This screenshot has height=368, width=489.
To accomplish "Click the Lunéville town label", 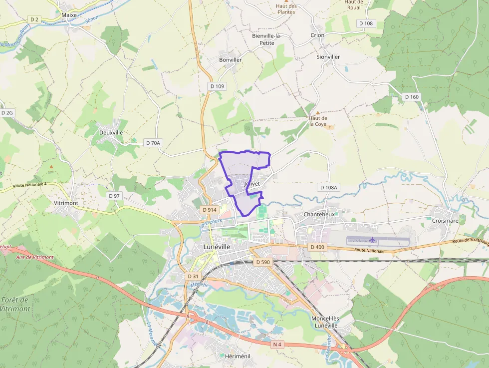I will pyautogui.click(x=217, y=247).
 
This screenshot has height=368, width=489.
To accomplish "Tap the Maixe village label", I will pyautogui.click(x=69, y=15).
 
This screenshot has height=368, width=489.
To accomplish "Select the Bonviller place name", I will pyautogui.click(x=230, y=60).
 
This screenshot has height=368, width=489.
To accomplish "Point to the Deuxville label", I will pyautogui.click(x=111, y=133).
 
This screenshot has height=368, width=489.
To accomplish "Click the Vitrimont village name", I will pyautogui.click(x=66, y=203).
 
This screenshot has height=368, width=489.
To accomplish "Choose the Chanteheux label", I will pyautogui.click(x=319, y=214).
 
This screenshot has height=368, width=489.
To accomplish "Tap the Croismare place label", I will pyautogui.click(x=445, y=220).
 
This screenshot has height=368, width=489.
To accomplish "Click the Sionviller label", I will pyautogui.click(x=328, y=57).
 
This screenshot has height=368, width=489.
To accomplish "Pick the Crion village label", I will pyautogui.click(x=317, y=35).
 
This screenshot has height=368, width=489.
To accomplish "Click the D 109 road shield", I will pyautogui.click(x=217, y=86).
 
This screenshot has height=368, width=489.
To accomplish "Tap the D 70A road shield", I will pyautogui.click(x=153, y=143).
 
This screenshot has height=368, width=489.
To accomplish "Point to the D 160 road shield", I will pyautogui.click(x=412, y=97).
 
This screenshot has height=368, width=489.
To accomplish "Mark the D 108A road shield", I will pyautogui.click(x=328, y=187).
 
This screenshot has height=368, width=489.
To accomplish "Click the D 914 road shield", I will pyautogui.click(x=210, y=210).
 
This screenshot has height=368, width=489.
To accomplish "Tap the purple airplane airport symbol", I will pyautogui.click(x=373, y=240).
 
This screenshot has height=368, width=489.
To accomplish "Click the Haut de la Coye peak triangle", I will pyautogui.click(x=318, y=113).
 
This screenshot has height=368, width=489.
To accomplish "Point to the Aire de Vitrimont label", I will pyautogui.click(x=35, y=257).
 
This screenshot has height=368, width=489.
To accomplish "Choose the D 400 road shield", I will pyautogui.click(x=317, y=247).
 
